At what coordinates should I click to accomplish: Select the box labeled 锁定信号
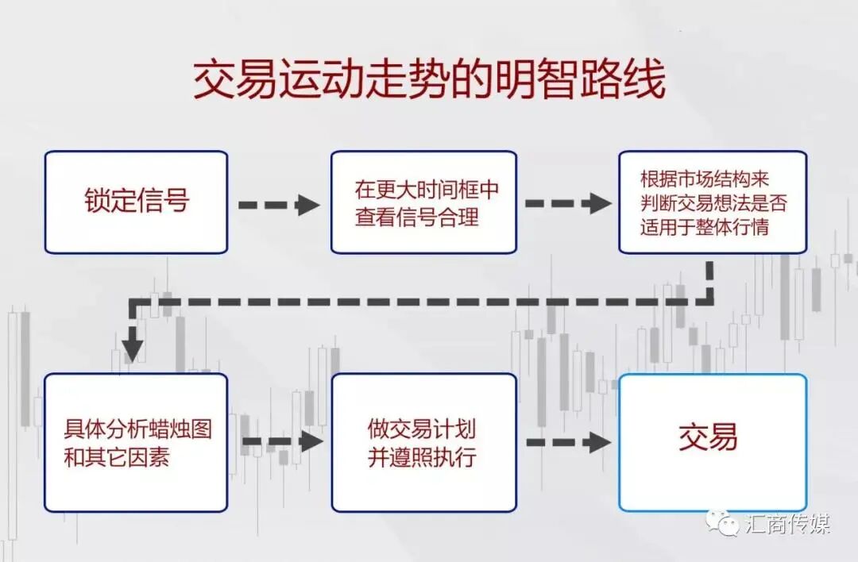click(136, 202)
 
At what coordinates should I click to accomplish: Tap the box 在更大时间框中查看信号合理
click(423, 202)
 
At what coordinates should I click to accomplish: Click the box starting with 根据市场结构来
click(713, 202)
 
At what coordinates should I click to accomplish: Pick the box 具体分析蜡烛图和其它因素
click(136, 442)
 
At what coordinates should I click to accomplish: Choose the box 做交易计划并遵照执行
click(423, 442)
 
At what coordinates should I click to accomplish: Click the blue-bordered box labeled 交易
click(713, 442)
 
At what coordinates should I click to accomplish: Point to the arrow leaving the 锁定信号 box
click(279, 204)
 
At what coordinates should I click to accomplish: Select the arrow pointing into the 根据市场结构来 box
click(568, 203)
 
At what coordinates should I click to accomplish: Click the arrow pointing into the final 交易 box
click(568, 441)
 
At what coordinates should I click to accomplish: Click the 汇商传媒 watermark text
click(787, 525)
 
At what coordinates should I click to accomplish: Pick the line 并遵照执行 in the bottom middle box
click(422, 458)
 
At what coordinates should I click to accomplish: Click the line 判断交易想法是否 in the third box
click(713, 202)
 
